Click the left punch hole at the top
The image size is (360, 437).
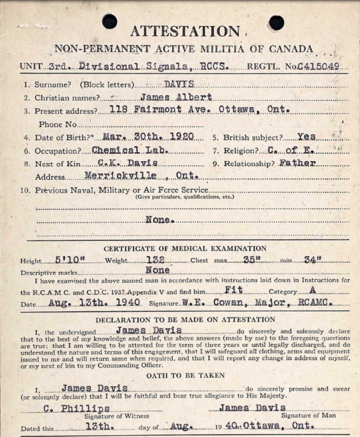point(110,21)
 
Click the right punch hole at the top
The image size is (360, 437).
point(276,23)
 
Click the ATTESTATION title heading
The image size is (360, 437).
point(185,32)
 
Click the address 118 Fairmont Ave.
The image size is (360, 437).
point(147,110)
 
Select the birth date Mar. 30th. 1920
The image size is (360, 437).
point(149,137)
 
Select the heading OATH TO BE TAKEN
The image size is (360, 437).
point(185,375)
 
